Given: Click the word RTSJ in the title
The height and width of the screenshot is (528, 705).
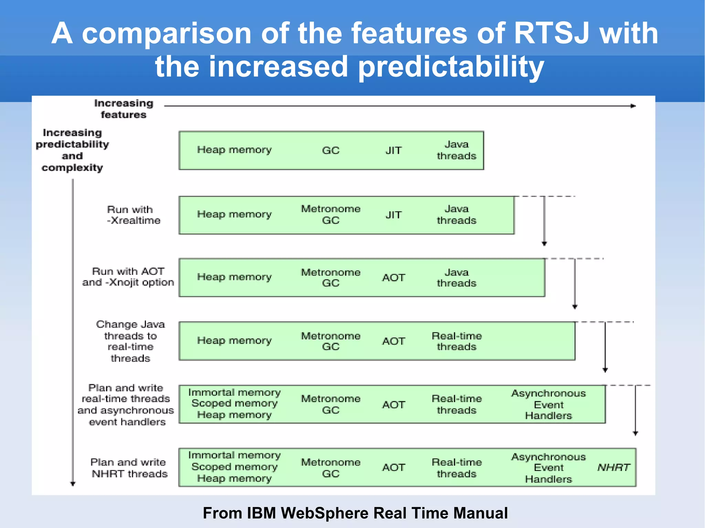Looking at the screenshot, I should (x=551, y=33).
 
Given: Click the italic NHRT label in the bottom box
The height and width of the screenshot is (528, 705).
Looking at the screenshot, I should (x=613, y=467).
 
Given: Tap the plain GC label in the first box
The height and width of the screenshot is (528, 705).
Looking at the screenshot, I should (x=330, y=150).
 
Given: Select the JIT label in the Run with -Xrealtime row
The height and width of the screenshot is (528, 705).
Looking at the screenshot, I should (x=393, y=215).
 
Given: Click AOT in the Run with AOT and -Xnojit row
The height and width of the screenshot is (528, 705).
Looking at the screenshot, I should (x=393, y=278).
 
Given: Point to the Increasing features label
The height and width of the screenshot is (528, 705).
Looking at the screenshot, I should (x=124, y=109).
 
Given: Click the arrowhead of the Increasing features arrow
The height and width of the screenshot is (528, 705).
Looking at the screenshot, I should (x=633, y=106).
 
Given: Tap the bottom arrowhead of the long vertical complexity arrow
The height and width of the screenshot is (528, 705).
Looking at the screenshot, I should (x=73, y=484).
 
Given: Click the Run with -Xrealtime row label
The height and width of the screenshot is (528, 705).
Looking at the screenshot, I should (x=133, y=215).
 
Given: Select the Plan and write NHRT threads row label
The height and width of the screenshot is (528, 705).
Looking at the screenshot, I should (x=129, y=468).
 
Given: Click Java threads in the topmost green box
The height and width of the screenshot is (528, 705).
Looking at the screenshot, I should (x=456, y=150).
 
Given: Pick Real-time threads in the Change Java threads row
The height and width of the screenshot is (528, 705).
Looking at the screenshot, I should (x=456, y=341).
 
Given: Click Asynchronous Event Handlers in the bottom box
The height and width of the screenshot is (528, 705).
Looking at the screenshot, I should (x=548, y=468).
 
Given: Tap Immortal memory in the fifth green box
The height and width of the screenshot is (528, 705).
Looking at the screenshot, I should (x=234, y=392).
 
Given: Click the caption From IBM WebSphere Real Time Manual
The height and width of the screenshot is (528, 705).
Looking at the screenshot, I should (x=355, y=513).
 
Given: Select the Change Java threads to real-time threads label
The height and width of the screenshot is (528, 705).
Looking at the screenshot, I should (x=130, y=341).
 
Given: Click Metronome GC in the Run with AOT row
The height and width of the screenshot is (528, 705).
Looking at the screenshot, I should (x=330, y=278).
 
